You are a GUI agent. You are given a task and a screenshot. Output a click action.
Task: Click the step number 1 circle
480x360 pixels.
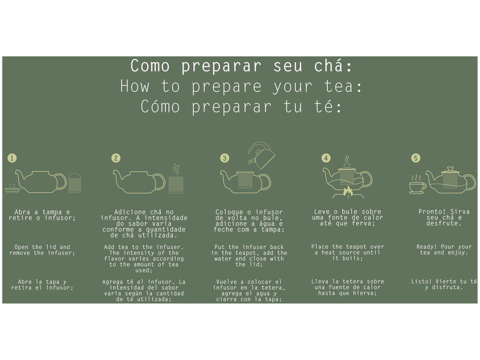tap(12, 158)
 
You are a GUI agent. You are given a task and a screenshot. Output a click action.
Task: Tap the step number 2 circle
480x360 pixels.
tap(115, 158)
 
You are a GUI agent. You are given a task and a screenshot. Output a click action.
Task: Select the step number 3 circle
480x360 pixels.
tap(224, 158)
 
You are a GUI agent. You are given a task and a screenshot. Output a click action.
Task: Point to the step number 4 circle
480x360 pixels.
tap(326, 158)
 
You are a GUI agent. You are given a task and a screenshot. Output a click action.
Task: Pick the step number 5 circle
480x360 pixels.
tap(415, 158)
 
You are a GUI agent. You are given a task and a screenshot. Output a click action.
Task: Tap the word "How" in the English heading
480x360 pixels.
tap(135, 86)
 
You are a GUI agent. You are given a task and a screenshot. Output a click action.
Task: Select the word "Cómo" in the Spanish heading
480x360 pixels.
tap(160, 106)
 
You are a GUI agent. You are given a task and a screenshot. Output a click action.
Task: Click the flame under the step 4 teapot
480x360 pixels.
tap(347, 191)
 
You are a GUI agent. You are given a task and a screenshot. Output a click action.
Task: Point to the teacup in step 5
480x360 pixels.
tap(417, 186)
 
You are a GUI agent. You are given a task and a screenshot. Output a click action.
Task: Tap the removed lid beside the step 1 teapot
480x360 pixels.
tap(12, 188)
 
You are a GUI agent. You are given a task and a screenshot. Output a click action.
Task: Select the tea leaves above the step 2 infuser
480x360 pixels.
tap(175, 169)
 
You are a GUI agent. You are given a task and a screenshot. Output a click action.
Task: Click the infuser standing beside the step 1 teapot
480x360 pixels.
tap(74, 183)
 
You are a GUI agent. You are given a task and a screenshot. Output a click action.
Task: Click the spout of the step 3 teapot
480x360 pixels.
tap(225, 177)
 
